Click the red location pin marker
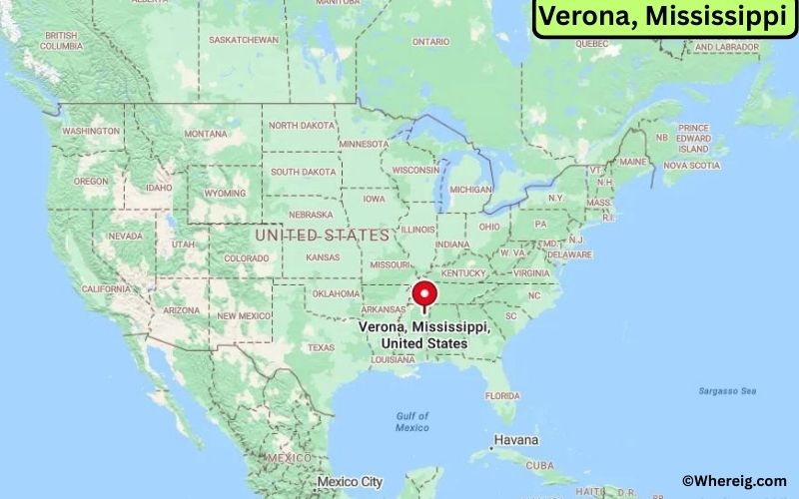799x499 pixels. coord(425,294)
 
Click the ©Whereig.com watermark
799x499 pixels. coord(734,481)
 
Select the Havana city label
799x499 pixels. coord(515,440)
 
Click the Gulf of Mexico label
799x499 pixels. coord(411,421)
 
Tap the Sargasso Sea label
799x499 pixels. coord(728,390)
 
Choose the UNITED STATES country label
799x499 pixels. coord(322,236)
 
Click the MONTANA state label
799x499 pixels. coord(206,134)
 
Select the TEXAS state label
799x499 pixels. coord(322,347)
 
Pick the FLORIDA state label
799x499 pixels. coord(502,395)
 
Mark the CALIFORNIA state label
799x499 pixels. coord(106,288)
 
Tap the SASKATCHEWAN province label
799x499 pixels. coord(244,40)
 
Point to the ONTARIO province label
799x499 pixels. coord(431,42)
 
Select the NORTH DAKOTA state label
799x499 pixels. coord(303,126)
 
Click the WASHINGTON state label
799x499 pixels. coord(91,131)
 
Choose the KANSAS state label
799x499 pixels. coord(323,257)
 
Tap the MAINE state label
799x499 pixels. coord(632,162)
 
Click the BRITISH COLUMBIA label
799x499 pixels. coord(61,41)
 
